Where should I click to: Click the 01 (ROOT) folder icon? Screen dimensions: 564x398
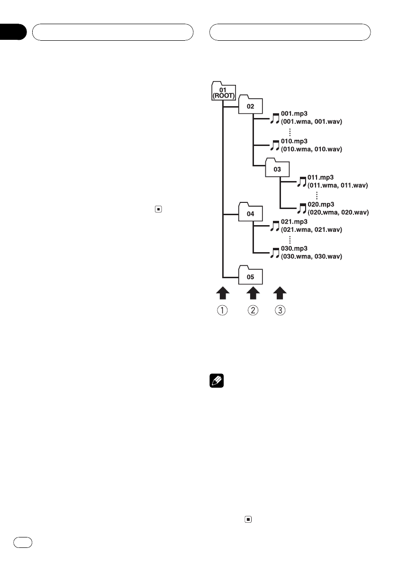[x=222, y=91]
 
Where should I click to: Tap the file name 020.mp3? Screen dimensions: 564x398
[x=321, y=204]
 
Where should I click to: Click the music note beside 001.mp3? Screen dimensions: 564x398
[x=275, y=118]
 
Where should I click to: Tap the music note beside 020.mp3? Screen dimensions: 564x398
[x=302, y=208]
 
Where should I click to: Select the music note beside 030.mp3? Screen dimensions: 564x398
[x=275, y=253]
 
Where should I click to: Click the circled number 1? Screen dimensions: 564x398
[x=223, y=311]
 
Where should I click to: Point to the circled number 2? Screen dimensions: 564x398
[x=253, y=311]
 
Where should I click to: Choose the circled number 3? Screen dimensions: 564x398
[x=280, y=311]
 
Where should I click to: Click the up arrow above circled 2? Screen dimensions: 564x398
[x=253, y=292]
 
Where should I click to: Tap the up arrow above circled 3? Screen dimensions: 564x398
[x=280, y=292]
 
